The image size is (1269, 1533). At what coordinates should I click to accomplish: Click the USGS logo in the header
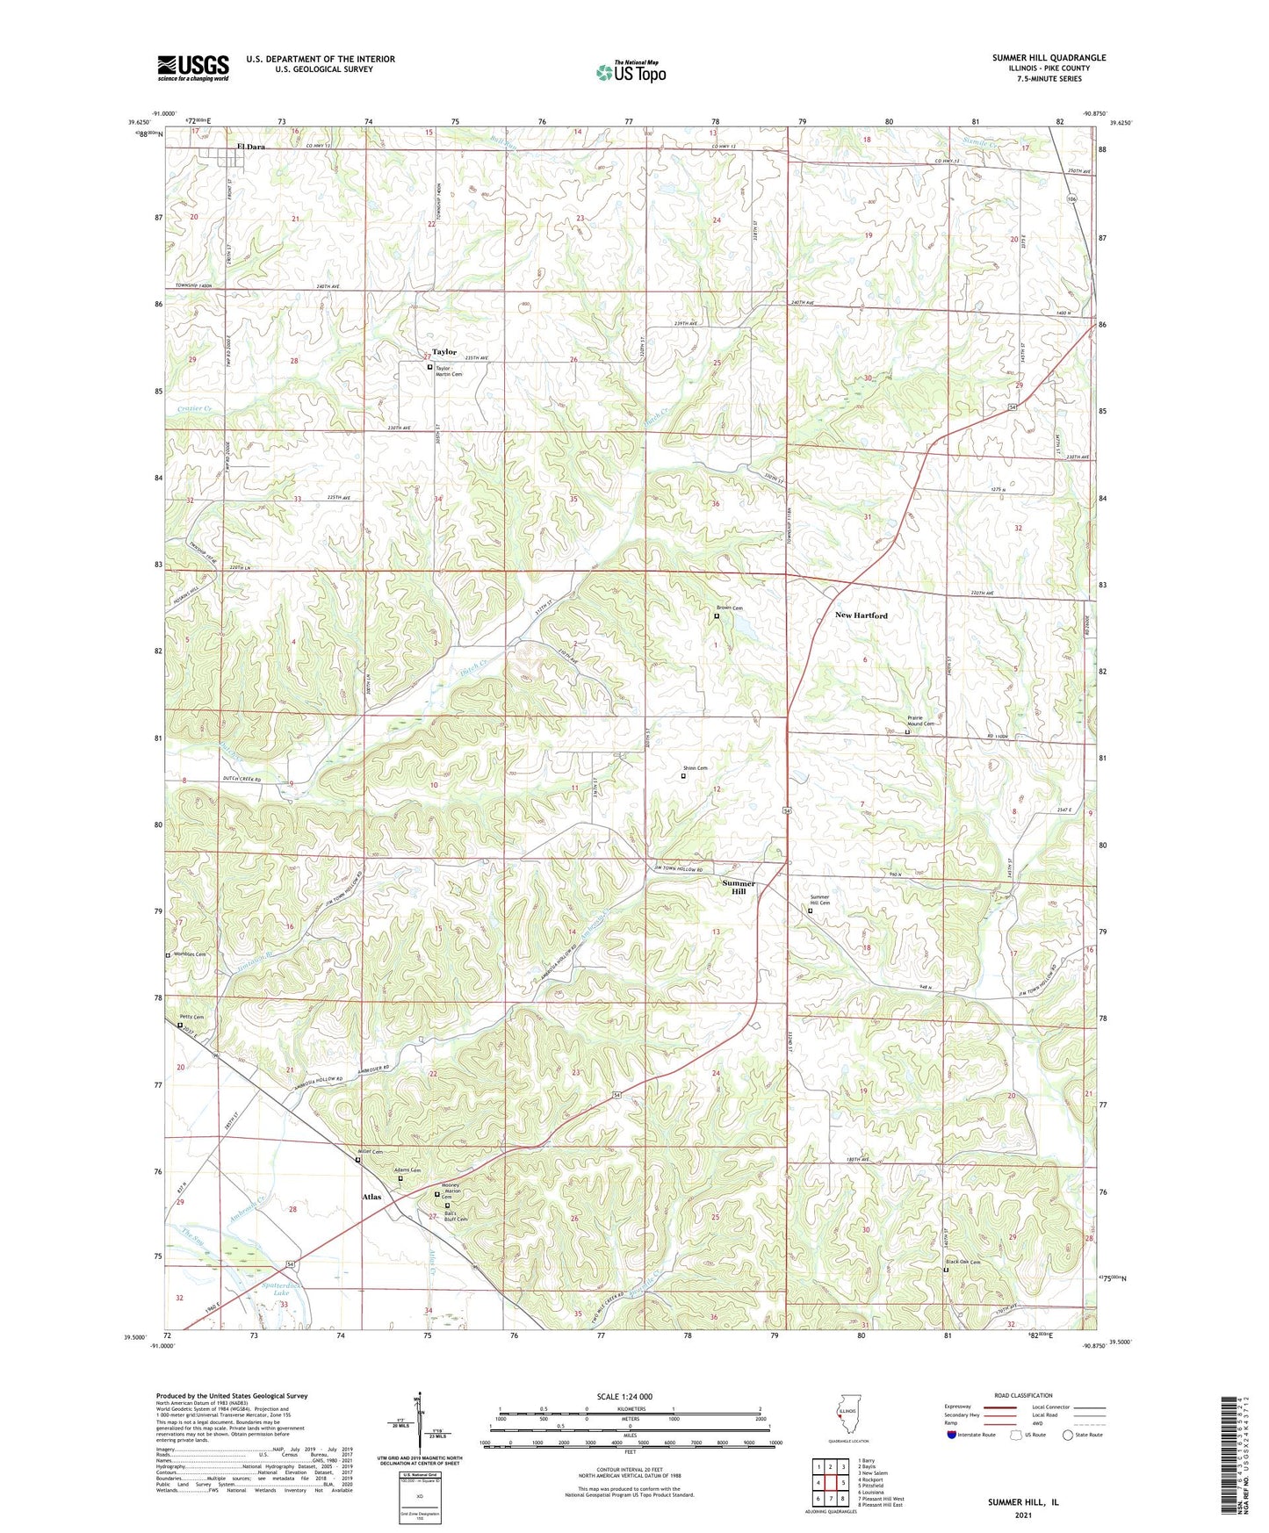coord(193,68)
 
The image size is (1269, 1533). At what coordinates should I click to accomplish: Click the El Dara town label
coord(250,147)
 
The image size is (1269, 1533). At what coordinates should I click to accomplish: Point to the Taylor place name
coord(444,352)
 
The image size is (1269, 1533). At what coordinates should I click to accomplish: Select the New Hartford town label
coord(861,615)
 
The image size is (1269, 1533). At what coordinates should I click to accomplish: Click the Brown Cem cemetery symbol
coord(717,616)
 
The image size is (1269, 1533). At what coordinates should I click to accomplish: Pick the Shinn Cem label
coord(696,768)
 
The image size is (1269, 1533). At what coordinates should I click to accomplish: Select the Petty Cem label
coord(193,1018)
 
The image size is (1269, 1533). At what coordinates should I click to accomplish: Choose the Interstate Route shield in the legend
coord(952,1435)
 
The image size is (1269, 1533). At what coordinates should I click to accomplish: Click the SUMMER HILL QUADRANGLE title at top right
coord(1049,58)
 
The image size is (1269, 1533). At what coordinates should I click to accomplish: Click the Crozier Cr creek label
coord(194,409)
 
